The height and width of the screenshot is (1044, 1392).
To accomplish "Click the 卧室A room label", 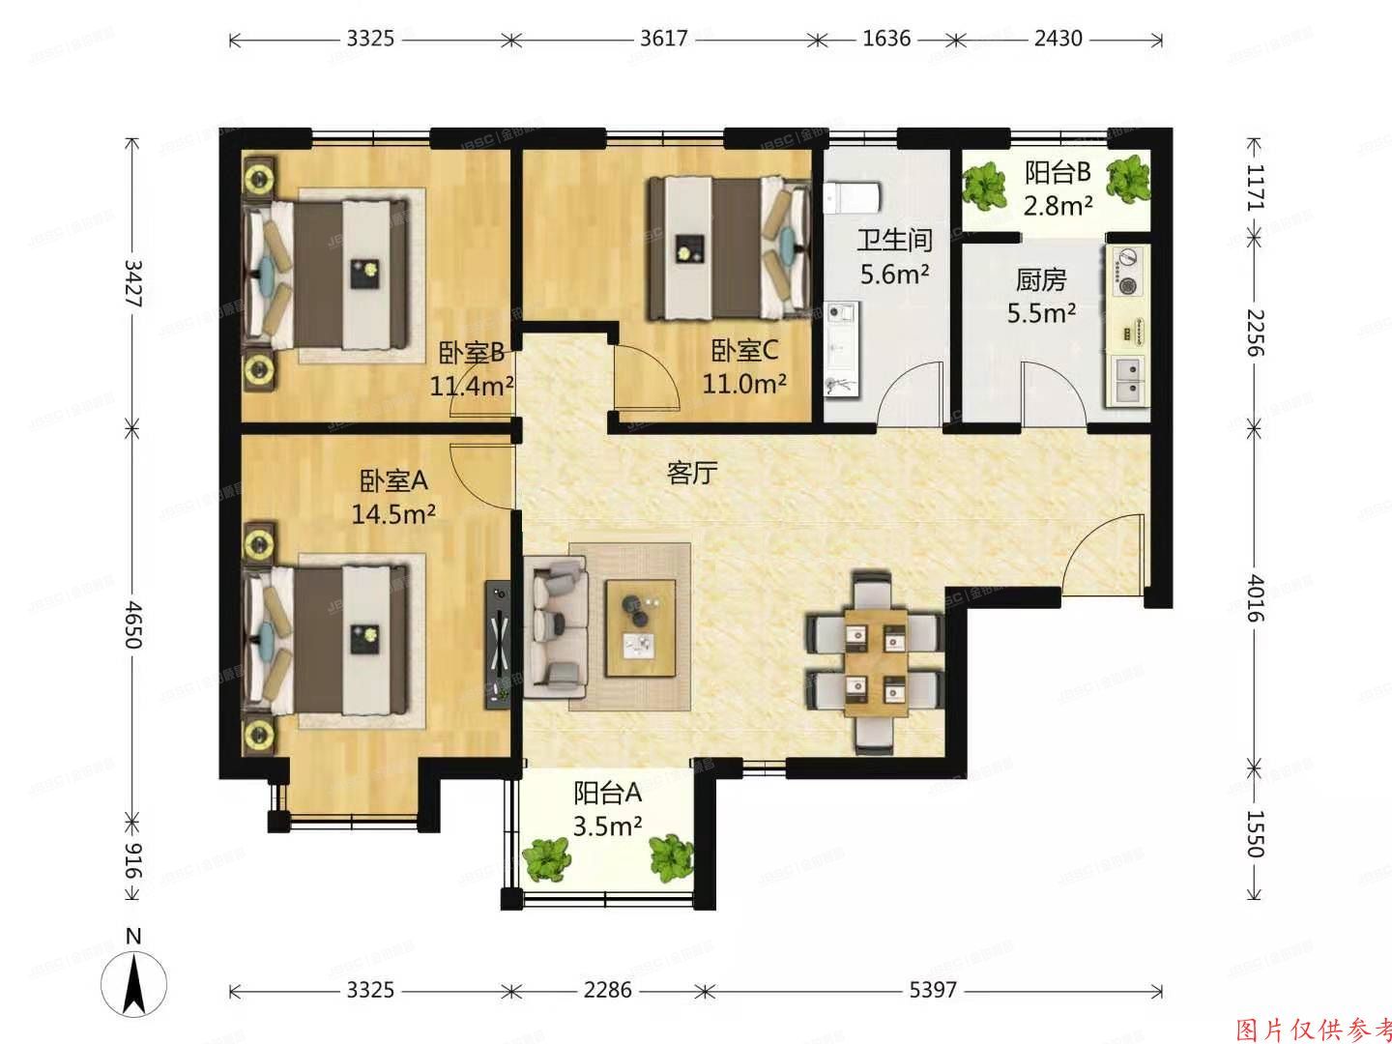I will (393, 480).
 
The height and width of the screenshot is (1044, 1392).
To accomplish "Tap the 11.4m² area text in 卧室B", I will (472, 387).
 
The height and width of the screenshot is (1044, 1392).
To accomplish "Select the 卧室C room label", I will (744, 350).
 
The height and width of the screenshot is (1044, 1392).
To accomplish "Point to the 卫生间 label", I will (894, 240).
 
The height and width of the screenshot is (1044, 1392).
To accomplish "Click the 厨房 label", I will (1041, 280).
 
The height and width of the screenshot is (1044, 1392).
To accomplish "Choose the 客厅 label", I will (692, 473).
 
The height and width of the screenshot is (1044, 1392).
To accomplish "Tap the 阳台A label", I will (607, 794).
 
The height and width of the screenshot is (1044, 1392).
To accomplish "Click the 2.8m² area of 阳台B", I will (1058, 205).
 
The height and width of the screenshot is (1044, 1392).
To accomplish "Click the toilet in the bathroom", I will (852, 197).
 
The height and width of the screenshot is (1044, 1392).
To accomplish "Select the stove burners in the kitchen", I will (1127, 272).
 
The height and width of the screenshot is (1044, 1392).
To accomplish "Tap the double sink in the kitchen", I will (1127, 379).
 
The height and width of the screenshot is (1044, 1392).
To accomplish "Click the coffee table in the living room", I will (639, 627).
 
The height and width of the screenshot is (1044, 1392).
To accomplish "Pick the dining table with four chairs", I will (875, 662).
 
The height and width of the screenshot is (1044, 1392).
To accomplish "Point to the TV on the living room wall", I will (498, 643).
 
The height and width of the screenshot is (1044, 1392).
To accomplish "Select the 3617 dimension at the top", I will (663, 39).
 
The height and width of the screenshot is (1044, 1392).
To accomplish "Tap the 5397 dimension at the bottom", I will (933, 990).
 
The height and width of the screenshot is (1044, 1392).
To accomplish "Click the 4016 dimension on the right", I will (1255, 598).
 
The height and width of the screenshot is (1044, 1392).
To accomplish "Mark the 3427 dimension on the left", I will (133, 283).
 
